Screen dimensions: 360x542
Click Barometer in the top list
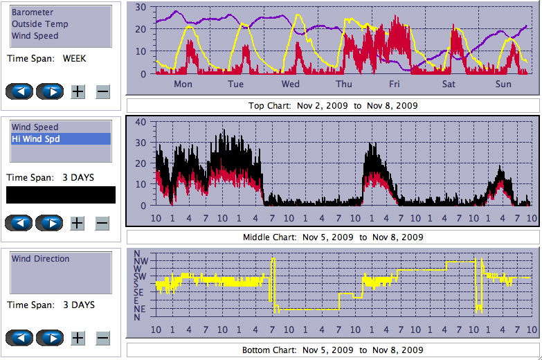[33, 12]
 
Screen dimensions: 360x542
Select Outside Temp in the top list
[39, 24]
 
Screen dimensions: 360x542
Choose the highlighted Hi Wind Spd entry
[35, 139]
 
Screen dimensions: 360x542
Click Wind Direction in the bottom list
[41, 259]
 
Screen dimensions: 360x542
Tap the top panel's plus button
[78, 91]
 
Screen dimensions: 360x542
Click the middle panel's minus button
[102, 223]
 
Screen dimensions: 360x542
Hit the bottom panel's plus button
[78, 338]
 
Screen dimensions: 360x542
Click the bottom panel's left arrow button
[20, 338]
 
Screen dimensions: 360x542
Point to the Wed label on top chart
[291, 84]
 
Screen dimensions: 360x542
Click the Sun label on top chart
[504, 84]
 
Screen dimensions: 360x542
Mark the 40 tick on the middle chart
[141, 122]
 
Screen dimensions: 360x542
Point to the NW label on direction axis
[138, 262]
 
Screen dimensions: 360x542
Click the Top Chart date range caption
[332, 106]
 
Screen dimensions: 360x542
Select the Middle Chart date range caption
[332, 237]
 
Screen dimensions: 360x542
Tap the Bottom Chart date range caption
[332, 350]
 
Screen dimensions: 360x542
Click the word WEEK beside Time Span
[74, 59]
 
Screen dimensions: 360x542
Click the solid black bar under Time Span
[61, 195]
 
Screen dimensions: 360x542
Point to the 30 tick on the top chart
[141, 7]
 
